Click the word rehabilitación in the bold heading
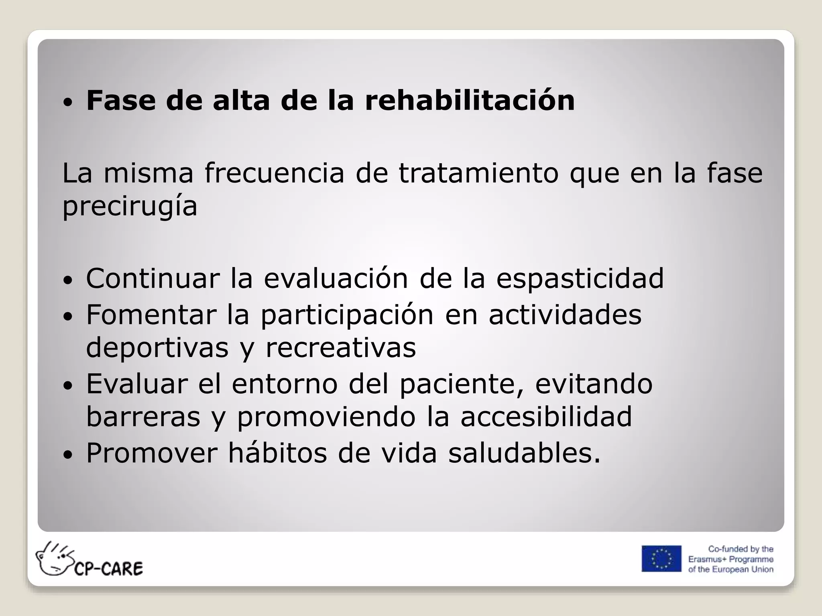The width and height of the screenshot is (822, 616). [x=470, y=100]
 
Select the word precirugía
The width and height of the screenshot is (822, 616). [x=130, y=207]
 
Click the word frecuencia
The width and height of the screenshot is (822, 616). [x=275, y=173]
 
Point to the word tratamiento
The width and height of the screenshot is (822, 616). [x=478, y=173]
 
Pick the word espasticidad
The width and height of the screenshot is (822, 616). [x=580, y=278]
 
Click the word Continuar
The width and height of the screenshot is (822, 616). [x=153, y=278]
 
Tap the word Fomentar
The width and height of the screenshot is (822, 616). [x=151, y=314]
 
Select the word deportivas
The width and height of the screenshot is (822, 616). [x=157, y=348]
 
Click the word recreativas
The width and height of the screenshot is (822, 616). [x=341, y=348]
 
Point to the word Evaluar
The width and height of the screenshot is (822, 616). [x=137, y=384]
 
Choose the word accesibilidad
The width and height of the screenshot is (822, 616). [x=546, y=417]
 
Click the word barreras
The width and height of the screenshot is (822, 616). [x=143, y=417]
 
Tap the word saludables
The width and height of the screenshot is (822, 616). [x=524, y=453]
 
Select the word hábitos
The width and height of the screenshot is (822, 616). [x=277, y=453]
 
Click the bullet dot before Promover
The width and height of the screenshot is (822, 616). [x=68, y=455]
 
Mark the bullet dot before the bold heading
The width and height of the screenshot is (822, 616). [x=68, y=103]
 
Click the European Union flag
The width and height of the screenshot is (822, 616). [x=661, y=558]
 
